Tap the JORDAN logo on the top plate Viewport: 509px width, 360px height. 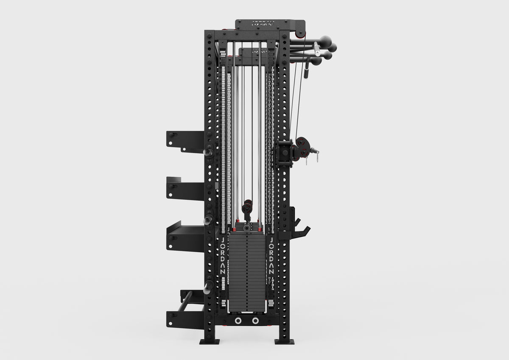(263, 24)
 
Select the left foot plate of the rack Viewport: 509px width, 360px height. (210, 341)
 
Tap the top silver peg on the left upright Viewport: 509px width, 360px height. (208, 152)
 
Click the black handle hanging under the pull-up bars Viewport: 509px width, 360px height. (306, 70)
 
